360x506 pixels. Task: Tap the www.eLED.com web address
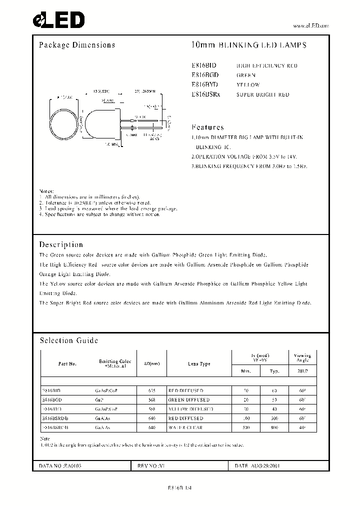click(x=310, y=25)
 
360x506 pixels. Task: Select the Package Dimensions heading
click(x=77, y=45)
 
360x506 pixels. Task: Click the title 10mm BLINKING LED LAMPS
click(x=249, y=45)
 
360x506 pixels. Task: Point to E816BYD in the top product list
click(x=205, y=84)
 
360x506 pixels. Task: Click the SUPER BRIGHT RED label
click(x=262, y=94)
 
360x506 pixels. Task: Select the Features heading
click(x=207, y=127)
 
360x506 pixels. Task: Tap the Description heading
click(x=61, y=244)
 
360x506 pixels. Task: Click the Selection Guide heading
click(x=68, y=340)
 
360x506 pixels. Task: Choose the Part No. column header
click(x=67, y=364)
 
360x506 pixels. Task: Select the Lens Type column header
click(x=199, y=364)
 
